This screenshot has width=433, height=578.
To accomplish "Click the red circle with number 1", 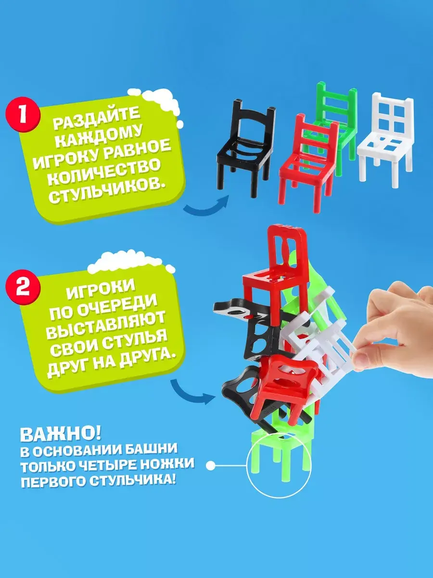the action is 23,115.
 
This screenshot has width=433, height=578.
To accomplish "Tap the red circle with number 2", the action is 23,288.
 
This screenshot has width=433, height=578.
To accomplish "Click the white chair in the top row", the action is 385,140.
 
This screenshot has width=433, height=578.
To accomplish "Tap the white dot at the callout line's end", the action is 210,466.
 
